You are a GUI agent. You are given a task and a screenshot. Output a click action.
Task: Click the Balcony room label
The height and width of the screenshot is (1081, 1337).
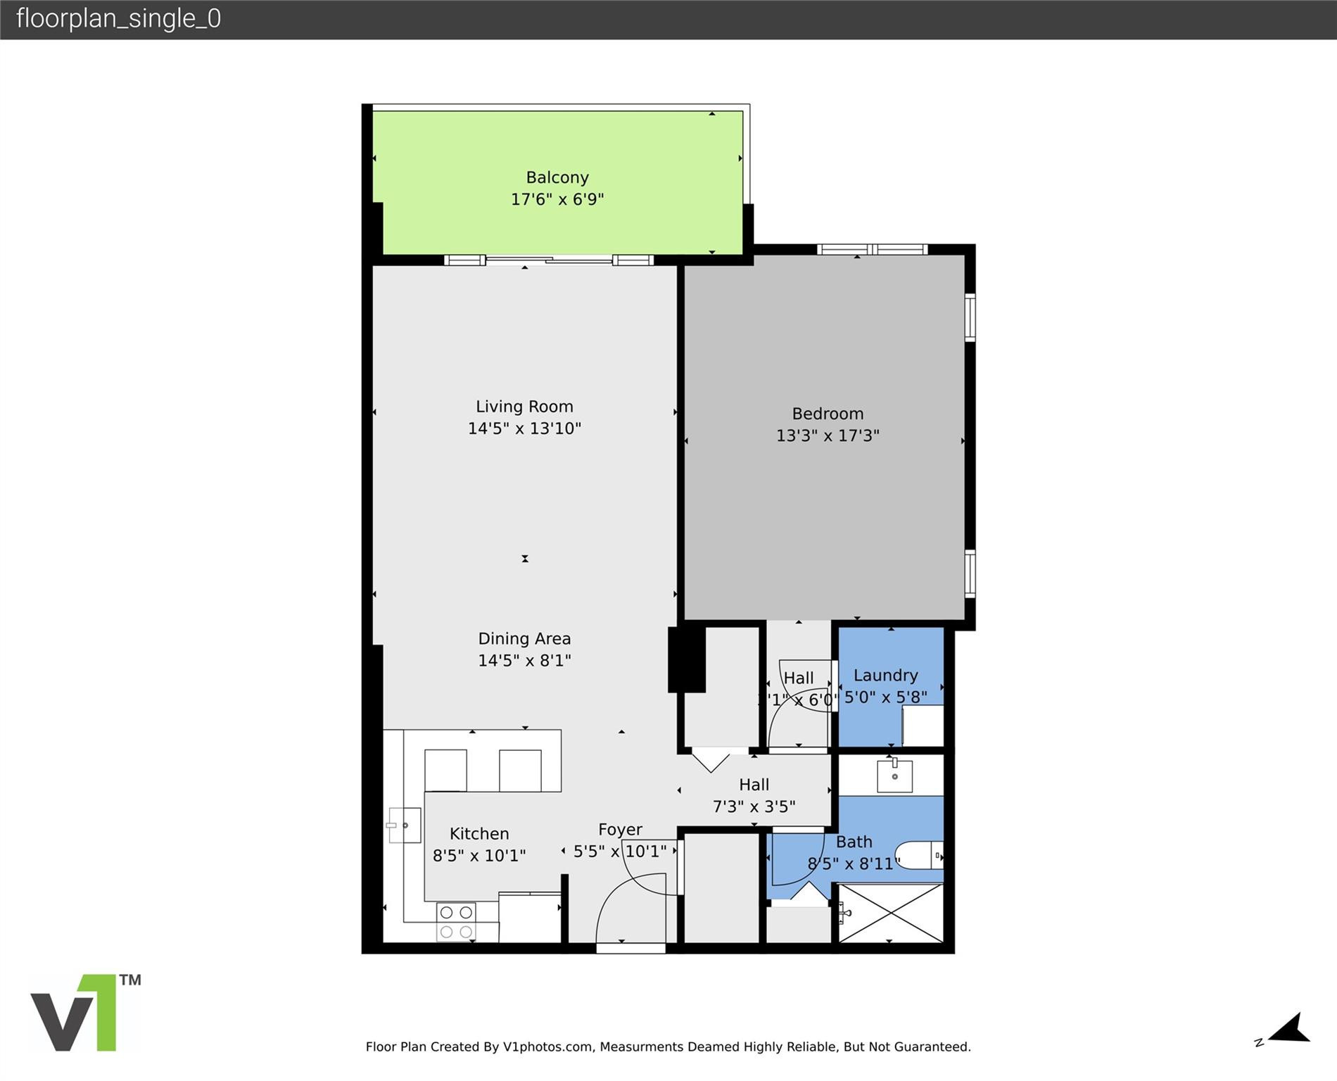pos(557,177)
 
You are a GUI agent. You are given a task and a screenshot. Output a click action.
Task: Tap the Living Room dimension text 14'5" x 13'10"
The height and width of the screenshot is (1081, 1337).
pos(524,428)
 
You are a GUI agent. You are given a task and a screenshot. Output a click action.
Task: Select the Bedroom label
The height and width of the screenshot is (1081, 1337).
pos(827,414)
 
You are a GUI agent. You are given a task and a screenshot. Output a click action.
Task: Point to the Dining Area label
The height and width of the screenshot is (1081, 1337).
pos(524,638)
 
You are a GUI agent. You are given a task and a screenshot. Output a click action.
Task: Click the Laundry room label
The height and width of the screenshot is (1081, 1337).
pos(885,676)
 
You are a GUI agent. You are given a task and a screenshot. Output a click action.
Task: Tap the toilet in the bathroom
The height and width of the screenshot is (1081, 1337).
pos(919,855)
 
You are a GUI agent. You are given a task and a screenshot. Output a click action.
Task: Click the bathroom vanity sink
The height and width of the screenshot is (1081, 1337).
pos(894,776)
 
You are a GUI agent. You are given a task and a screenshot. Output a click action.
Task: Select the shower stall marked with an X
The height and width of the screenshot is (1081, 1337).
pos(890,913)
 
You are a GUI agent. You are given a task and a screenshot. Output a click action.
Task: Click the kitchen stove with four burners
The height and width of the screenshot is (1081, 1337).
pos(456,922)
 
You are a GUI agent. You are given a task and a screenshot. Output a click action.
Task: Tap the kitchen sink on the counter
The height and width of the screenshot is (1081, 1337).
pos(404,825)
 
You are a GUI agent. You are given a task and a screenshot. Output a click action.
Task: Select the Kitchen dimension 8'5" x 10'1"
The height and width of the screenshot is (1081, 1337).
pos(479,855)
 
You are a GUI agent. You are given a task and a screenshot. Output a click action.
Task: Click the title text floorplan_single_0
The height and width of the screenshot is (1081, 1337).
pos(118,18)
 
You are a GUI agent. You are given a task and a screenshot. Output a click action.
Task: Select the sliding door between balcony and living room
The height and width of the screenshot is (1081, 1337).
pos(549,260)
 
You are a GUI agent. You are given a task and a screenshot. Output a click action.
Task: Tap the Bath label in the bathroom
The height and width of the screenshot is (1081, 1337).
pos(854,842)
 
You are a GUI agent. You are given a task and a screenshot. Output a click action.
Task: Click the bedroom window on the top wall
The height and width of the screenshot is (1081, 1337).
pos(872,249)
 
